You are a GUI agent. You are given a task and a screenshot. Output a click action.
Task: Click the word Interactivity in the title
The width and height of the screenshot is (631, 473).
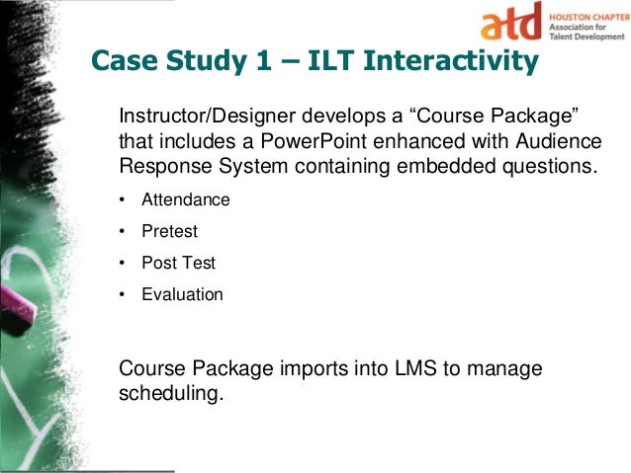(452, 62)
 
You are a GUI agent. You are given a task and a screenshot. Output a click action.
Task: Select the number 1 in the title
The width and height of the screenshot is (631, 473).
(252, 62)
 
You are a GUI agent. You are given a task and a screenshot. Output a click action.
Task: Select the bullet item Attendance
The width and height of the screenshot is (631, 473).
(185, 199)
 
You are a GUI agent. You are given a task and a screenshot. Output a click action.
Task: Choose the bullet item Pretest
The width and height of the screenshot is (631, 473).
(169, 231)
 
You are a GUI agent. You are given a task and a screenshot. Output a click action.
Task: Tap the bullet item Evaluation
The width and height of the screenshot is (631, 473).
(182, 294)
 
